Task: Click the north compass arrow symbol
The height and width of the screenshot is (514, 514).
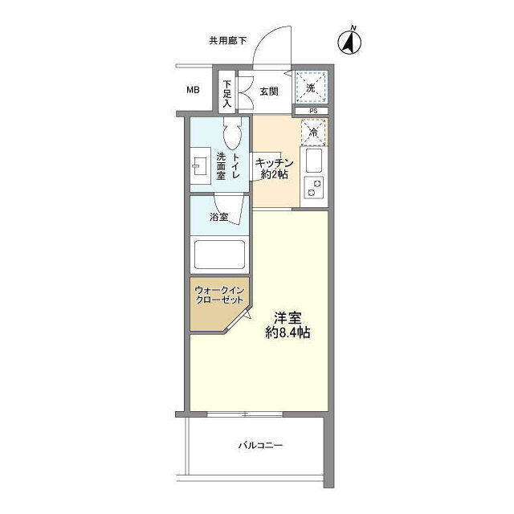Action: click(349, 42)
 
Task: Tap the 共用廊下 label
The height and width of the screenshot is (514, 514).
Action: click(228, 41)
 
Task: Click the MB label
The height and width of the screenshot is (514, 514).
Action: click(193, 89)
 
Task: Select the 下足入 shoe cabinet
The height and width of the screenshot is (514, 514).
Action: click(226, 92)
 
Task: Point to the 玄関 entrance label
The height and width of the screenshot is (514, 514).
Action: click(269, 92)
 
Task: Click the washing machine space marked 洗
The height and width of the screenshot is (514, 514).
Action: click(311, 88)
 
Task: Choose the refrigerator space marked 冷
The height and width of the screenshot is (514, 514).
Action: click(313, 132)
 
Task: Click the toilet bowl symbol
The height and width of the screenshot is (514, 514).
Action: click(233, 133)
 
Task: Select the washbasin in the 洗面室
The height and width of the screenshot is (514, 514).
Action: click(200, 165)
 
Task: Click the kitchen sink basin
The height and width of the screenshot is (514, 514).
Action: click(314, 161)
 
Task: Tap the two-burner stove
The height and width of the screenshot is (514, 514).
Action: click(314, 187)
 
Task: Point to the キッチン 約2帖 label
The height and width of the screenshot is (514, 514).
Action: click(274, 169)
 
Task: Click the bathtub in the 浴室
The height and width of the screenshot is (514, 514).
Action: click(219, 255)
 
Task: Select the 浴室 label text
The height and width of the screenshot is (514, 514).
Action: click(219, 217)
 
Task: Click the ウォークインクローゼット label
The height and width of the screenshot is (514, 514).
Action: click(219, 295)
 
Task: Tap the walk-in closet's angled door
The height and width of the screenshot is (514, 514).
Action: click(238, 320)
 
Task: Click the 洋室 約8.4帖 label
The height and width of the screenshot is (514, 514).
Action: click(288, 325)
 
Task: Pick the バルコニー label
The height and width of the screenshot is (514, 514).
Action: click(260, 446)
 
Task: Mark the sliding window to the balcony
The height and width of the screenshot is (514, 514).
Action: click(245, 414)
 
